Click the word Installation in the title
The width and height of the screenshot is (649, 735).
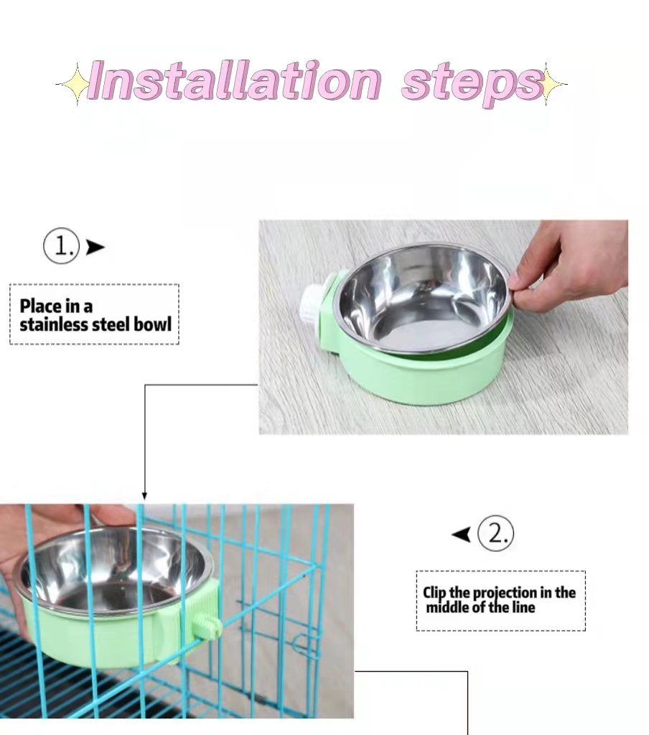click(233, 80)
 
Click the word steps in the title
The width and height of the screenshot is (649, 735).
click(472, 85)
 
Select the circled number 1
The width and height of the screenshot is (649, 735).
click(62, 246)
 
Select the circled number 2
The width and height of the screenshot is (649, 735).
click(495, 533)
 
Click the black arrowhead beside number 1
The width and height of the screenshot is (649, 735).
click(95, 247)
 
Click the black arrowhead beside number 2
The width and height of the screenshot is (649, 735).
click(462, 534)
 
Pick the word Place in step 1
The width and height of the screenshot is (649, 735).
click(41, 306)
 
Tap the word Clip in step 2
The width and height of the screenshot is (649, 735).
click(434, 593)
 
